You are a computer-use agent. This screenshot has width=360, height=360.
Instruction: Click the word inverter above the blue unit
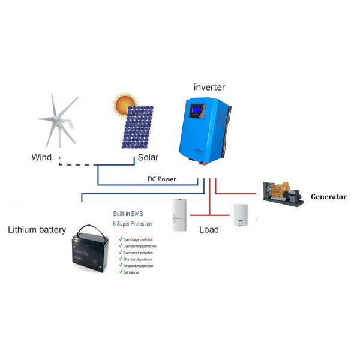[x=209, y=88]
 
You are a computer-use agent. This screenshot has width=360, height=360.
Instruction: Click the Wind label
[x=41, y=158]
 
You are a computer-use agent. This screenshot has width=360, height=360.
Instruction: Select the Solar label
[x=148, y=158]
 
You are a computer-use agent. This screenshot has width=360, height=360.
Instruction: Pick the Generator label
[x=328, y=196]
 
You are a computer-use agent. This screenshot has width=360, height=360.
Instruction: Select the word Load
[x=209, y=229]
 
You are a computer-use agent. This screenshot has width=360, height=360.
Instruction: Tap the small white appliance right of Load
[x=241, y=215]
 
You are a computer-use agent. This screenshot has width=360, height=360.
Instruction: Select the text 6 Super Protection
[x=133, y=224]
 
